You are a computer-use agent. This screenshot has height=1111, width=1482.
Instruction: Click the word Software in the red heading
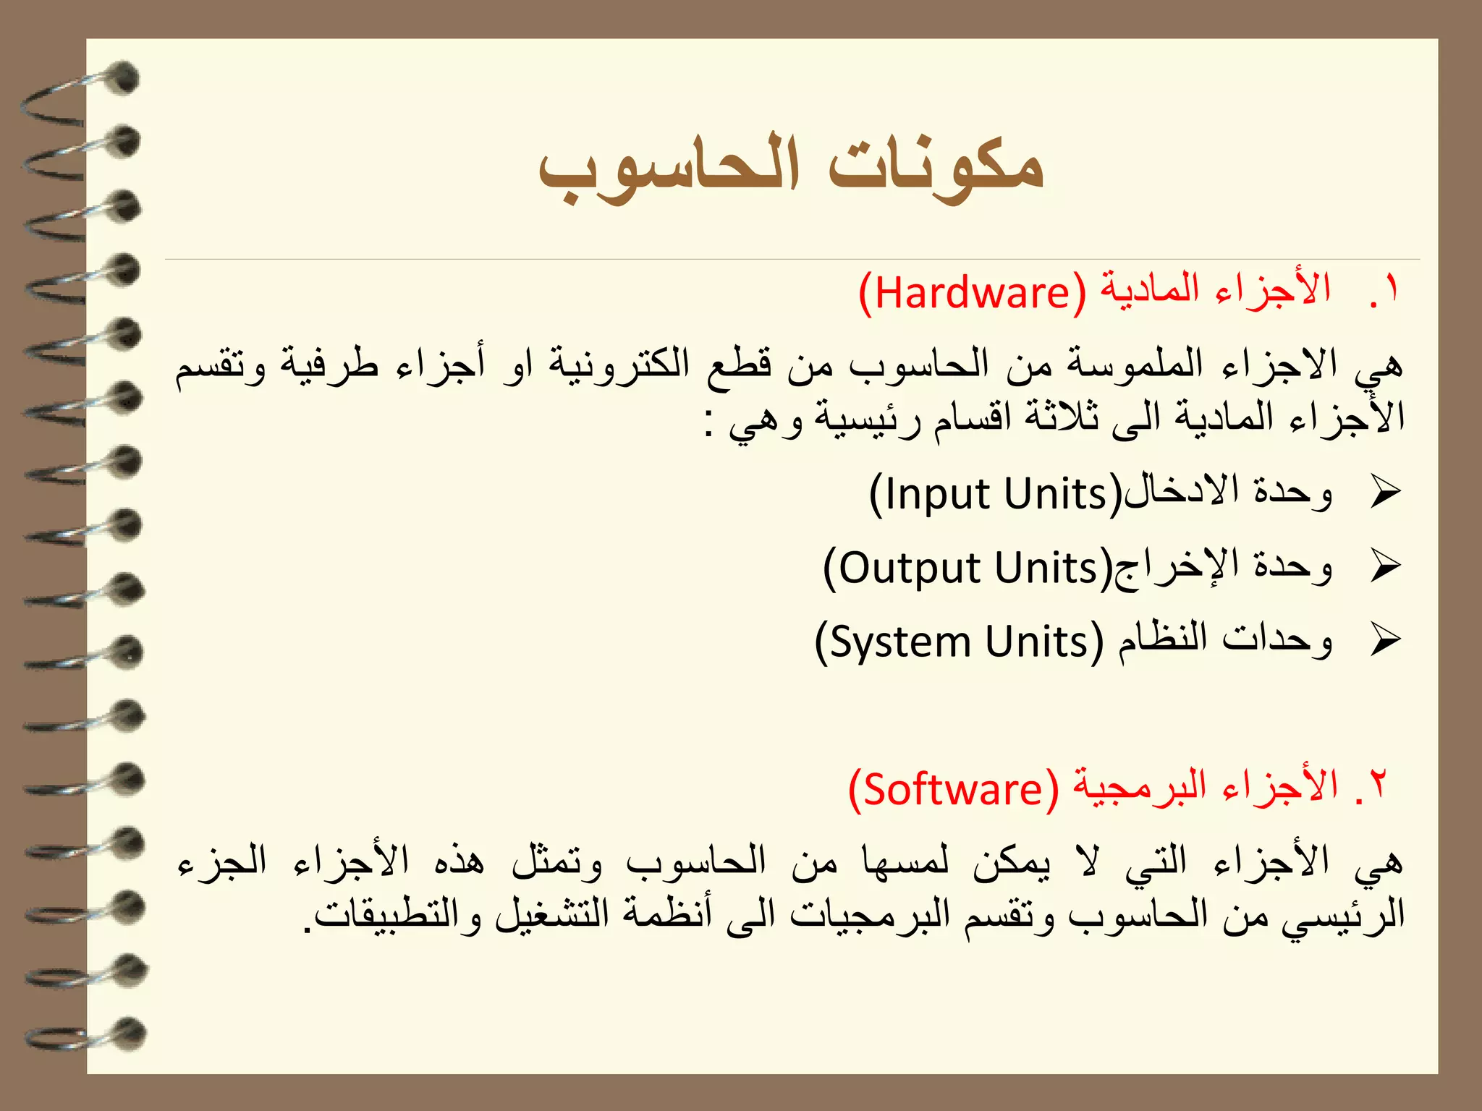953,789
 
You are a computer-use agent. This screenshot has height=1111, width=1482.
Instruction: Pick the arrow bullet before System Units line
1385,640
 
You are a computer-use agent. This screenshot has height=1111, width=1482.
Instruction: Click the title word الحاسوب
669,171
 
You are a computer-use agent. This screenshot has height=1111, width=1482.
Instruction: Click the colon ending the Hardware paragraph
711,423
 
